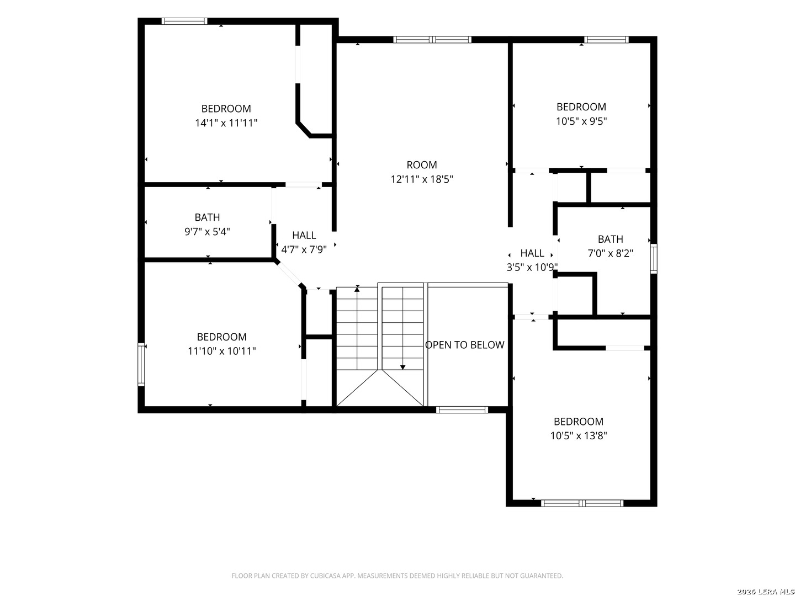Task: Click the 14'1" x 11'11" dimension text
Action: click(x=226, y=123)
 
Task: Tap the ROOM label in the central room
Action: click(x=422, y=165)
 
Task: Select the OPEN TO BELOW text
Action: click(x=464, y=345)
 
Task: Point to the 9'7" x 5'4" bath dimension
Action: click(x=207, y=232)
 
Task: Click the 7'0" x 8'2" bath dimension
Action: click(x=610, y=253)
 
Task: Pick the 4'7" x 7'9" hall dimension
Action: click(x=304, y=249)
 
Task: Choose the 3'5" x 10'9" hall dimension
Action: click(x=532, y=268)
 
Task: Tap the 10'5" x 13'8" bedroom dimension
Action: click(x=579, y=436)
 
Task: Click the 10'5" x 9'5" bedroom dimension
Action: click(x=581, y=121)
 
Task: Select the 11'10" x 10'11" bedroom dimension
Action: click(x=221, y=351)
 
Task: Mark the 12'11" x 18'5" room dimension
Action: click(x=422, y=179)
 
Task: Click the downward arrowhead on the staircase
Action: click(x=402, y=368)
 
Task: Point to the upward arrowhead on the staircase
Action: click(x=357, y=289)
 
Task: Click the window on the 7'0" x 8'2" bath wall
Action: click(x=653, y=259)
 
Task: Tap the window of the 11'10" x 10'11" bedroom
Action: click(x=141, y=364)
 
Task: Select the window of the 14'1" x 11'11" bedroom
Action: click(x=184, y=22)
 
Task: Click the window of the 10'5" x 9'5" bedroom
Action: click(x=606, y=40)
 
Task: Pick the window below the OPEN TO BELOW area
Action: click(x=462, y=409)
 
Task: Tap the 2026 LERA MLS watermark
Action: click(x=765, y=592)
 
